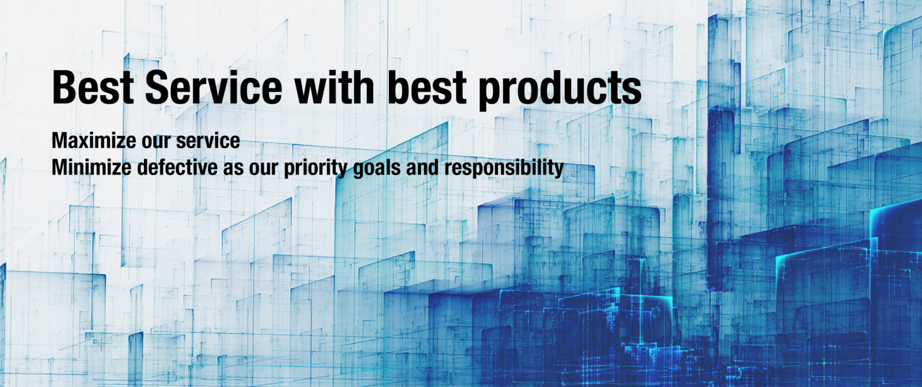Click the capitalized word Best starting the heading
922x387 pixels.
tap(93, 87)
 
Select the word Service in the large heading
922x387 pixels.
tap(214, 87)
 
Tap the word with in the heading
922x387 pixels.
tap(334, 87)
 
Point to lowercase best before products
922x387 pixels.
tap(427, 87)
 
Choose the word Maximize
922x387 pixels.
tap(93, 141)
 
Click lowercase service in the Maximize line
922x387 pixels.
tap(208, 141)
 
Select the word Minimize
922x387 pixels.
tap(92, 167)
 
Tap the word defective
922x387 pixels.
tap(178, 167)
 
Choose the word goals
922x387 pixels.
tap(377, 169)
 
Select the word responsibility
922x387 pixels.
tap(504, 169)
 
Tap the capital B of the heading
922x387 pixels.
tap(63, 87)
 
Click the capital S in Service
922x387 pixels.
tap(157, 87)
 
